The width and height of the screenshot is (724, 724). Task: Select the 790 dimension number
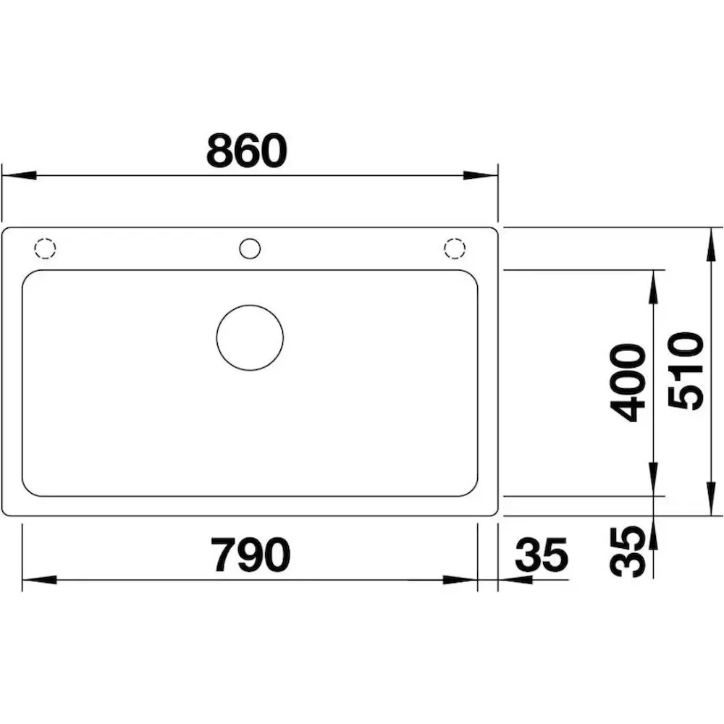point(251,555)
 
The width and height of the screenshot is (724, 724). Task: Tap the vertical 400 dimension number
point(627,383)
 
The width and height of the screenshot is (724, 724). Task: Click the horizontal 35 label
point(541,555)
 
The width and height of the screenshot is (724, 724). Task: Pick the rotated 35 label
point(627,551)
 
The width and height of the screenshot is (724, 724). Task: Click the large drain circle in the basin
point(250,306)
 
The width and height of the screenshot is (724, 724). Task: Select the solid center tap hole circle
point(250,238)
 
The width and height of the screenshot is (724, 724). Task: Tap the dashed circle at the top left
point(45,238)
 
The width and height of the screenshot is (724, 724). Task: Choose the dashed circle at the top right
point(455,238)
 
